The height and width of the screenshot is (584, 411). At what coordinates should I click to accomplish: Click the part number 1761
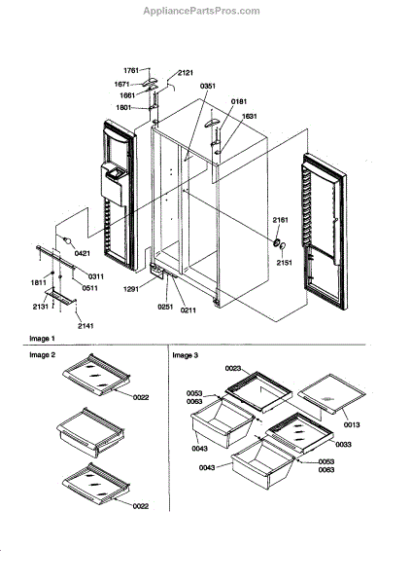coord(131,70)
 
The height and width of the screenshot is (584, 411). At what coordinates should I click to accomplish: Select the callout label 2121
coord(186,73)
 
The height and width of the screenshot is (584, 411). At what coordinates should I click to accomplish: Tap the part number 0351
coord(208,86)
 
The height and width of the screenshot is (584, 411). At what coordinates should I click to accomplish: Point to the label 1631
coord(249,116)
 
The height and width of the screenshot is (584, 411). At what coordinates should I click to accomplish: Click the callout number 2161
coord(280,220)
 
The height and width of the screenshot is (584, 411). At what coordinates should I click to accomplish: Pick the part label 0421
coord(83,254)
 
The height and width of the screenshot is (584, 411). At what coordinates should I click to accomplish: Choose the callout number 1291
coord(131,289)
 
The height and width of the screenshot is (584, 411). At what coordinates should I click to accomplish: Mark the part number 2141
coord(86,326)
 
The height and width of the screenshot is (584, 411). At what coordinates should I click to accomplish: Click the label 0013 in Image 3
coord(352,424)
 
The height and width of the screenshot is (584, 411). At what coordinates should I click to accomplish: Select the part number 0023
coord(233,368)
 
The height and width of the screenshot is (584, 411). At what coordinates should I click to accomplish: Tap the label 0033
coord(343,445)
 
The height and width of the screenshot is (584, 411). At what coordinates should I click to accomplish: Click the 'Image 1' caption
coord(42,339)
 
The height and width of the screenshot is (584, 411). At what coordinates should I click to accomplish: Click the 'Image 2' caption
coord(43,355)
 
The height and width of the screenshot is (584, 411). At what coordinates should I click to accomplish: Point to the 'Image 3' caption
coord(186,355)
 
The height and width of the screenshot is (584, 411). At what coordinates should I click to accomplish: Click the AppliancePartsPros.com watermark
coord(201,11)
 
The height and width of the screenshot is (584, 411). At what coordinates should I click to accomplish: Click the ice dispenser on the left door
coord(113,184)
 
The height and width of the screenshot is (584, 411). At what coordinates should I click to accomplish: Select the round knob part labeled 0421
coord(67,241)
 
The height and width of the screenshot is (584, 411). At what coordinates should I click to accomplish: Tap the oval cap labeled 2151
coord(283,246)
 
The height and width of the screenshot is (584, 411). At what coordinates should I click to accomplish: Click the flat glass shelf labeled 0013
coord(331,393)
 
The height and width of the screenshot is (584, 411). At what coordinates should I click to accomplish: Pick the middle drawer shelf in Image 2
coord(90,432)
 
